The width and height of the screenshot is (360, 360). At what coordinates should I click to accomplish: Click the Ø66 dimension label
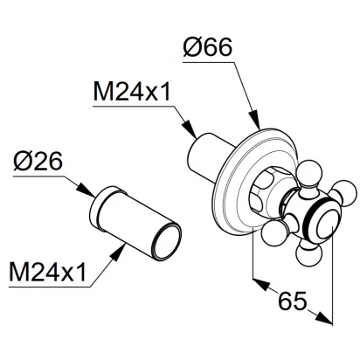tap(208, 47)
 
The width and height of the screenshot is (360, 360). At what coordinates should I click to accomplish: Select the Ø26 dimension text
tap(38, 162)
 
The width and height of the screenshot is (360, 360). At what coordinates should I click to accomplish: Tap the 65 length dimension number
tap(293, 300)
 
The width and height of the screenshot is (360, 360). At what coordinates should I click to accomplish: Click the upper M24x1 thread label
tap(132, 91)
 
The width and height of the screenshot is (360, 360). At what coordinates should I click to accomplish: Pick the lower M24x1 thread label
tap(48, 271)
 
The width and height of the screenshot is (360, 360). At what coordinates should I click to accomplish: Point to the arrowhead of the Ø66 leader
tap(254, 120)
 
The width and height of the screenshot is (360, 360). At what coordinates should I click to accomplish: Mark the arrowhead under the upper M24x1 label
tap(189, 128)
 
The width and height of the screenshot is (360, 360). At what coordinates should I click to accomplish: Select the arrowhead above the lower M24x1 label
tap(118, 253)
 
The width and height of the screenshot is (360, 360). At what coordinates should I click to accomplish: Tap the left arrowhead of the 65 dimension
tap(260, 284)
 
